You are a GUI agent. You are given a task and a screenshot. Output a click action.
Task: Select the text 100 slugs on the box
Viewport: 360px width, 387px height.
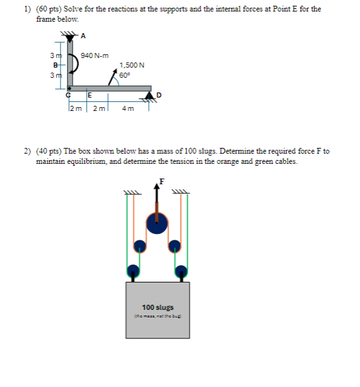[157, 307]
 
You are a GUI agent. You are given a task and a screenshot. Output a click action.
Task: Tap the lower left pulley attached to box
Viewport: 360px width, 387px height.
[133, 270]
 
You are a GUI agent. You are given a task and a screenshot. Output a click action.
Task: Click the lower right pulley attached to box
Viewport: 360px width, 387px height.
[181, 270]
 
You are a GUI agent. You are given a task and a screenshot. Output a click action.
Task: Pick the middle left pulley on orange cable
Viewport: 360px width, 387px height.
[139, 245]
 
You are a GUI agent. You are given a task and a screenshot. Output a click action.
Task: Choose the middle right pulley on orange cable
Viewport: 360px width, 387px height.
[175, 245]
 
